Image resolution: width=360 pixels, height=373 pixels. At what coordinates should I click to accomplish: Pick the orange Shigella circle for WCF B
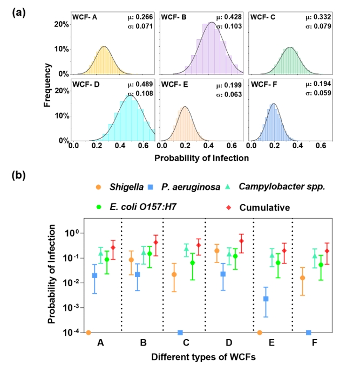coord(131,260)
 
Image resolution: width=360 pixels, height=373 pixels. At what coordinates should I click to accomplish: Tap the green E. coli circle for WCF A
coord(107,259)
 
